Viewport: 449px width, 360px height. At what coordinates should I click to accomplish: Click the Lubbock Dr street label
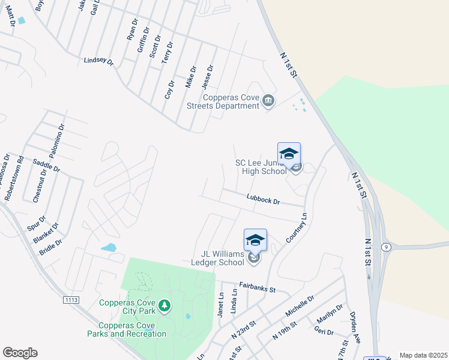[264, 199]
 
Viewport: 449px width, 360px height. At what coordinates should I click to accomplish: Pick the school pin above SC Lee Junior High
[289, 154]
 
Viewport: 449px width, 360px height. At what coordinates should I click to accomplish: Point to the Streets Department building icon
[268, 101]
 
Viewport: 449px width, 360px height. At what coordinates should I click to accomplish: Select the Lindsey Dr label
[98, 61]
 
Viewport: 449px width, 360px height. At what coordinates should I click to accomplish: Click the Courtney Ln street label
[297, 228]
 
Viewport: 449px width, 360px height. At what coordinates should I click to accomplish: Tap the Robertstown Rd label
[13, 179]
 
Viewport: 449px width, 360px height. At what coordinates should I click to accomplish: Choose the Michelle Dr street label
[300, 306]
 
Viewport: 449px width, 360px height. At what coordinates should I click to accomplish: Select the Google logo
[20, 353]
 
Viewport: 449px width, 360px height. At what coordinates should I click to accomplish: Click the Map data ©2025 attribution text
[424, 355]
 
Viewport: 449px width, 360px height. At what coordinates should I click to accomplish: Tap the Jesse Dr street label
[208, 76]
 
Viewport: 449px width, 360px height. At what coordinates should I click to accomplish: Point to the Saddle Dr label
[46, 166]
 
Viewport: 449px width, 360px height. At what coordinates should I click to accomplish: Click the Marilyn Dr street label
[330, 316]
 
